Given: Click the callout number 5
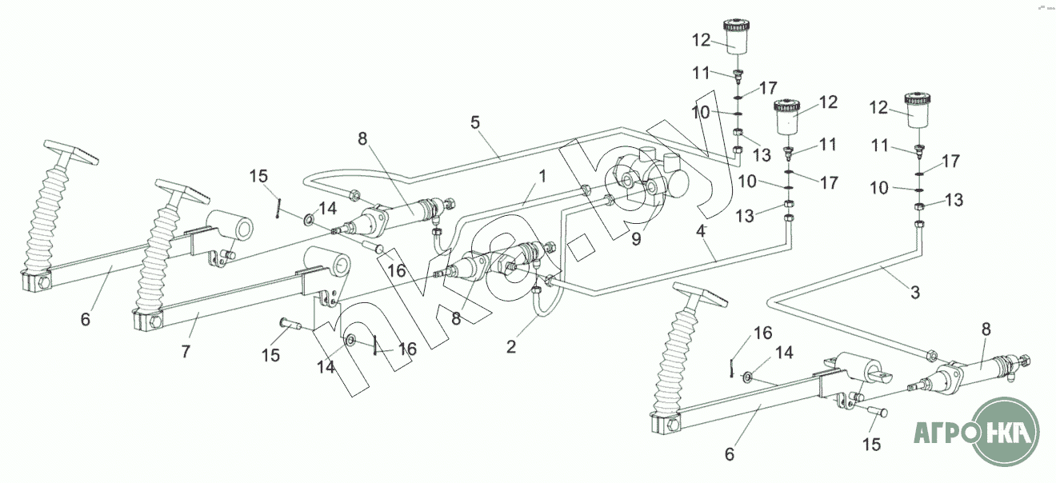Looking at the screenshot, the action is click(474, 122).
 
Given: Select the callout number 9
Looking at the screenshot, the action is click(636, 239).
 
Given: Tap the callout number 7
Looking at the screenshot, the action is click(186, 351).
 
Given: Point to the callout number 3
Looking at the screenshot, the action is click(915, 293).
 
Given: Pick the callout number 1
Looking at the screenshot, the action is click(542, 177).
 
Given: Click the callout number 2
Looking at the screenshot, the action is click(511, 347).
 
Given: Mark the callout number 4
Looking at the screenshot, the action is click(701, 231).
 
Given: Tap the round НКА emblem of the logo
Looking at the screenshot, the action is click(1006, 432).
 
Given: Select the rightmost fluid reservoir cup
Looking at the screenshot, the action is click(917, 110).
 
